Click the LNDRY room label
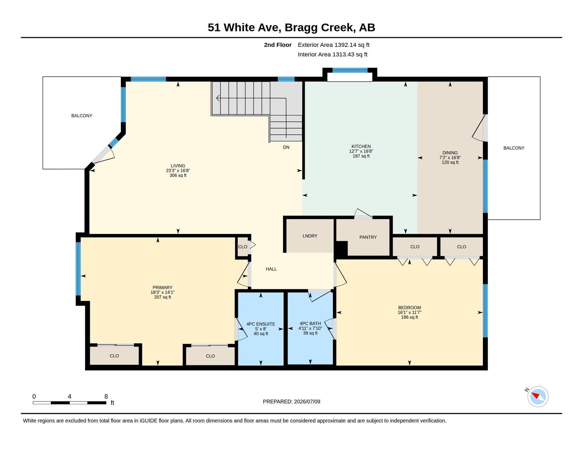click(310, 236)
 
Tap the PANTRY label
click(368, 237)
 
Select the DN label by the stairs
click(286, 147)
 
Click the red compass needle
click(535, 396)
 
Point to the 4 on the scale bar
click(70, 396)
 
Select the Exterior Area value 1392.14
click(345, 45)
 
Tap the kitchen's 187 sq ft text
click(361, 156)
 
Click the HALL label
click(271, 269)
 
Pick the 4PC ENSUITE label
click(260, 324)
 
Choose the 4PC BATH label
click(310, 324)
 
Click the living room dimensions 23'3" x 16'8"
click(178, 171)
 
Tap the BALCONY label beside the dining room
click(513, 148)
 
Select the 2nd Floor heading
click(277, 45)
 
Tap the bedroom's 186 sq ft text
click(409, 317)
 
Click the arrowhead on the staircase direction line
click(218, 98)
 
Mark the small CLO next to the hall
click(243, 247)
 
